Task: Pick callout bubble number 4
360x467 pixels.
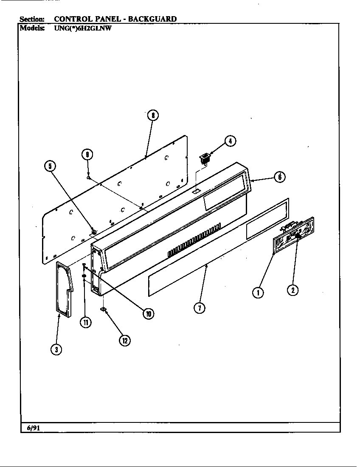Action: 230,141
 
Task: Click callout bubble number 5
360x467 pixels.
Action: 50,166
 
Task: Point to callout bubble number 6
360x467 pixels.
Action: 279,177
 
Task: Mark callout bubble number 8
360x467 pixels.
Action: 152,115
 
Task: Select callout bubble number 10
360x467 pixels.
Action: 148,314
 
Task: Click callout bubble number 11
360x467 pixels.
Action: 86,322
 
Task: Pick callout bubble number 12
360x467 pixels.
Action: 124,340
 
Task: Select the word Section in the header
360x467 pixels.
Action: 32,19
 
